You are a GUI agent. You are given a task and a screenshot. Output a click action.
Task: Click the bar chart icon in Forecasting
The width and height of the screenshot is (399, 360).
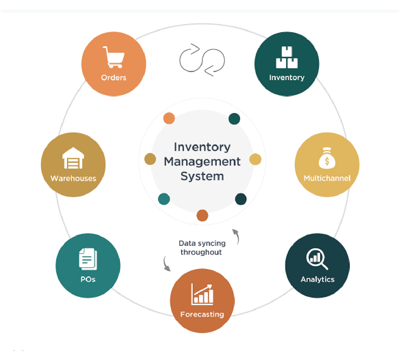coord(202,294)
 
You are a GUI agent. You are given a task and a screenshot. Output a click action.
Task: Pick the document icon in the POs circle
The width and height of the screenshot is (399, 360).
coord(88,259)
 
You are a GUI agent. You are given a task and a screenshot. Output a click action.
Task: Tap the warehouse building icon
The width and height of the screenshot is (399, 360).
coord(73,158)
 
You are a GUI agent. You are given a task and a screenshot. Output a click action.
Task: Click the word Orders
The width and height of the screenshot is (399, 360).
coord(114,78)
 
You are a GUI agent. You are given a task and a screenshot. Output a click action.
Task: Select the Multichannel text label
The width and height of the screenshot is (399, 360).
coord(327,178)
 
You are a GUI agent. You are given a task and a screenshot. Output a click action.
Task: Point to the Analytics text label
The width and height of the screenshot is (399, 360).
coord(318,279)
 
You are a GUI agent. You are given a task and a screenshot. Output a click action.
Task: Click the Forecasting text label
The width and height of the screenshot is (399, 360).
coord(202,314)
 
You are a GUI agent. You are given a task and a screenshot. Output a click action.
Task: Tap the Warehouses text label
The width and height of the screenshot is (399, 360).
coord(73,178)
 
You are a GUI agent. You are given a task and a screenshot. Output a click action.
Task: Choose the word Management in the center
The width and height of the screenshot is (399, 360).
coord(202,162)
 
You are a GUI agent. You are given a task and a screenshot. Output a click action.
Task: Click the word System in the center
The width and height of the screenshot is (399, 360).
coord(202,176)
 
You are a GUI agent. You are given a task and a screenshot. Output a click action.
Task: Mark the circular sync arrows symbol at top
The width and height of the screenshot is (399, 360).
coord(202,60)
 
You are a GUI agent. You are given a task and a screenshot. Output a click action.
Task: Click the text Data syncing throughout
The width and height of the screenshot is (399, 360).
coord(202,248)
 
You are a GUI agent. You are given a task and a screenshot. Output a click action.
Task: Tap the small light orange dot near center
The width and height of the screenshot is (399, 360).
coord(169,118)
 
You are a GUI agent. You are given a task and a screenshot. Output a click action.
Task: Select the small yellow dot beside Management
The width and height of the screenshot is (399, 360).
coord(255,159)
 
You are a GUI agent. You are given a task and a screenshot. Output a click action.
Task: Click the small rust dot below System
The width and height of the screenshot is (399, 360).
coord(202,215)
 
